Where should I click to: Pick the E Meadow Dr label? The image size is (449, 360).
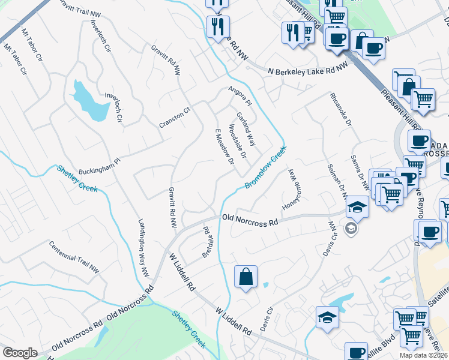pyautogui.click(x=224, y=145)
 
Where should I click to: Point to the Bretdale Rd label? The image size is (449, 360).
pyautogui.click(x=208, y=239)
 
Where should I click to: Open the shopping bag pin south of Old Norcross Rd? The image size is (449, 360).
pyautogui.click(x=246, y=277)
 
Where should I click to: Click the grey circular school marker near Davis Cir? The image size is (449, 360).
pyautogui.click(x=351, y=227)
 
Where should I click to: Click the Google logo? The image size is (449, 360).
pyautogui.click(x=20, y=353)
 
